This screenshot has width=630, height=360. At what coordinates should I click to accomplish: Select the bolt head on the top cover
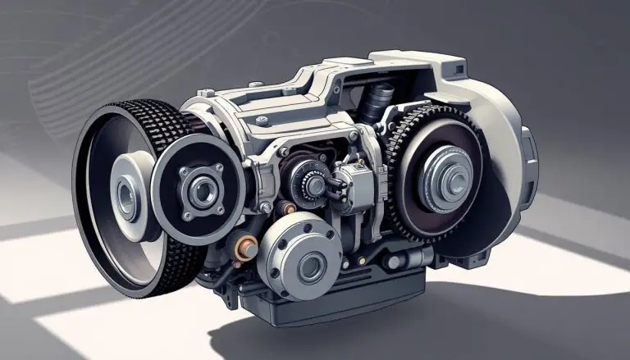point(262,121)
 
